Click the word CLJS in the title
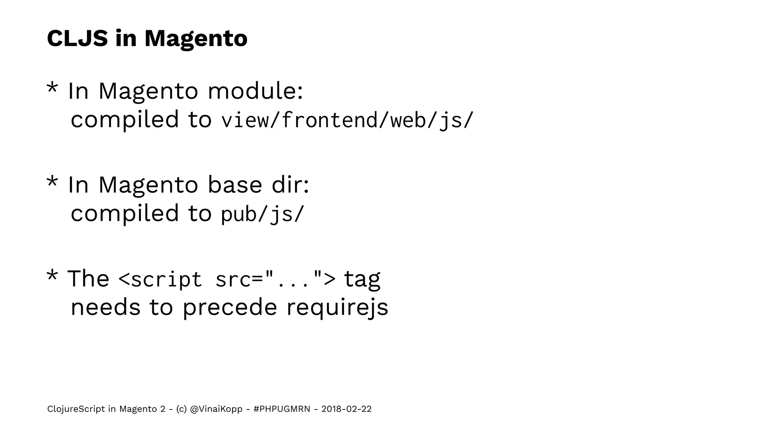point(77,38)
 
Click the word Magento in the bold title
point(196,39)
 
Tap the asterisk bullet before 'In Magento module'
point(52,89)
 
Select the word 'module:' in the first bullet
point(255,91)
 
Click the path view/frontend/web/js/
point(347,120)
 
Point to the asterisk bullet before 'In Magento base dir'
point(52,183)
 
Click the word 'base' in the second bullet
point(235,185)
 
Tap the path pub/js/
point(262,214)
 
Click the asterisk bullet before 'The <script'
point(52,277)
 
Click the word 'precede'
point(230,308)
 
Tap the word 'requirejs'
point(337,308)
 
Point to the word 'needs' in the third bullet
point(105,308)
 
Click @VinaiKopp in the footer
point(216,409)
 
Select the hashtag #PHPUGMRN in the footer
point(282,409)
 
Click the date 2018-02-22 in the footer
point(346,409)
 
